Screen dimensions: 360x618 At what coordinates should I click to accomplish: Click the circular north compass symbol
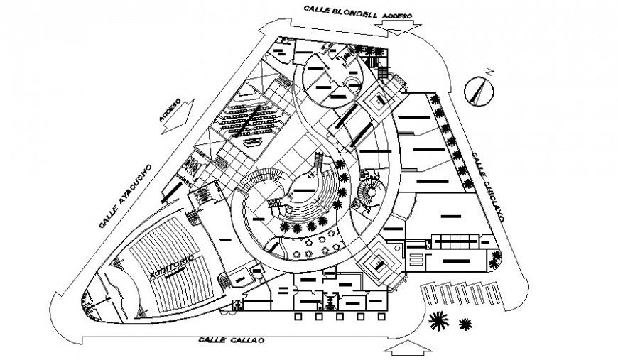(477, 91)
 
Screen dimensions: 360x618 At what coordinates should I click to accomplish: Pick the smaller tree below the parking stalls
(466, 324)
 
